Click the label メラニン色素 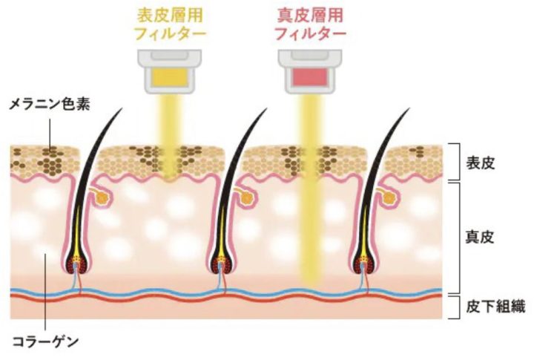(x=50, y=104)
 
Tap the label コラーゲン (x=45, y=341)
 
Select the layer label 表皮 (x=480, y=163)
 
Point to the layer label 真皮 (x=480, y=237)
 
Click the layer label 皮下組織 (x=495, y=307)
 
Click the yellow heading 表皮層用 (x=170, y=16)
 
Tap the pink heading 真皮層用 (x=310, y=16)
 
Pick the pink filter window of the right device (x=310, y=76)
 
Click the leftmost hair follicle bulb (x=77, y=263)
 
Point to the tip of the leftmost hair (x=122, y=109)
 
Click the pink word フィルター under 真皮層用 (x=310, y=33)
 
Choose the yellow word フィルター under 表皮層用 (x=170, y=33)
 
